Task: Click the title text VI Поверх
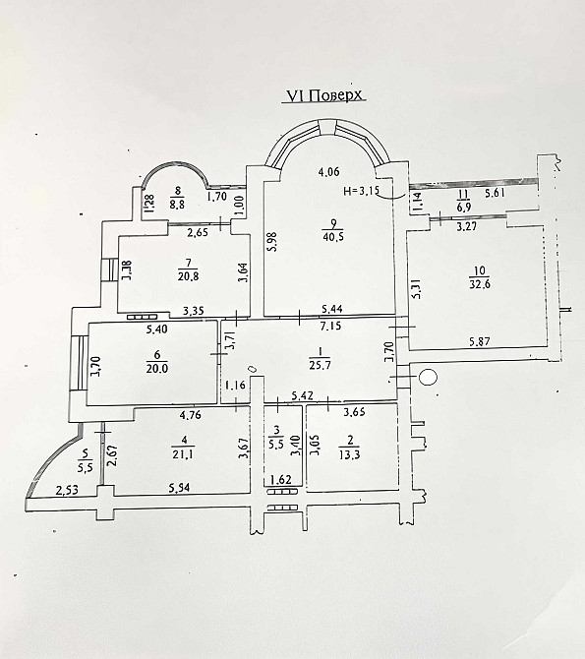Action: pyautogui.click(x=324, y=95)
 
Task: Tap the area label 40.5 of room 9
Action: pyautogui.click(x=333, y=237)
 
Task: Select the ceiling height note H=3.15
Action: pyautogui.click(x=361, y=191)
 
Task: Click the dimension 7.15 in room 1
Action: pyautogui.click(x=330, y=326)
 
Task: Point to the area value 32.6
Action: pyautogui.click(x=480, y=284)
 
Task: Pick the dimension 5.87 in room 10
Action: pyautogui.click(x=480, y=341)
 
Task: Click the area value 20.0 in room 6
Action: pyautogui.click(x=156, y=369)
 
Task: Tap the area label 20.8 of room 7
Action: pyautogui.click(x=188, y=276)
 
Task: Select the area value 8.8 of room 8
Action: pyautogui.click(x=178, y=205)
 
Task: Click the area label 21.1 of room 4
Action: pyautogui.click(x=183, y=454)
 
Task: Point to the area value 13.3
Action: pyautogui.click(x=349, y=454)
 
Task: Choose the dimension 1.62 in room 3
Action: pyautogui.click(x=281, y=480)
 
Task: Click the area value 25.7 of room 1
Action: pyautogui.click(x=320, y=365)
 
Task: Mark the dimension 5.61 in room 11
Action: pyautogui.click(x=496, y=193)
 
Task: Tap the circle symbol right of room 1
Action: pyautogui.click(x=429, y=377)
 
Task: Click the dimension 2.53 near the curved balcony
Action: pyautogui.click(x=67, y=490)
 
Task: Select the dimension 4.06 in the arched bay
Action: pyautogui.click(x=328, y=172)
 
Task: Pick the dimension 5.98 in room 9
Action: pyautogui.click(x=273, y=242)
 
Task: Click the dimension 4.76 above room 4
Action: pyautogui.click(x=190, y=415)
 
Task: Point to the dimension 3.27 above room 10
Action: pyautogui.click(x=466, y=227)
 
